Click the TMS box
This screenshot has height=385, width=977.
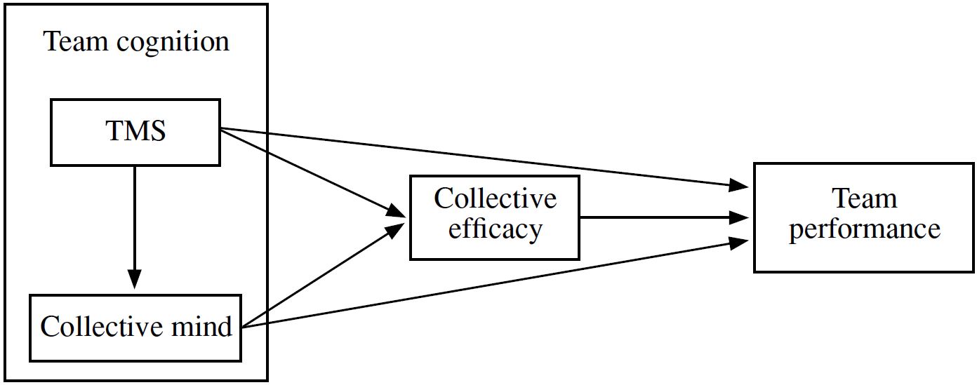coord(135,132)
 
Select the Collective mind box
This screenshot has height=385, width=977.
coord(135,327)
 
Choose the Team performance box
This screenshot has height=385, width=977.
coord(864,217)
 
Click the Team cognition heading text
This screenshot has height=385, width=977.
coord(137,42)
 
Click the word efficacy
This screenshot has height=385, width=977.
coord(495,229)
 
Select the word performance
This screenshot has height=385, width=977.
coord(864,229)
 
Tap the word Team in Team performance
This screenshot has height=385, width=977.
coord(864,199)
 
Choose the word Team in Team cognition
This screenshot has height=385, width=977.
coord(77,42)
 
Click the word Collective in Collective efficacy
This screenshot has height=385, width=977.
coord(495,199)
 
